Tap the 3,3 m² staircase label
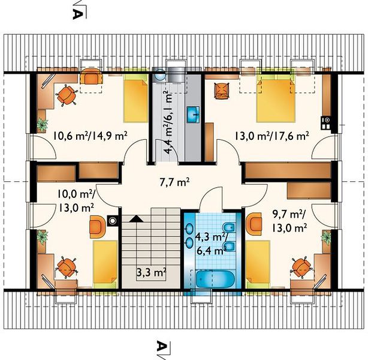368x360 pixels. [x=152, y=273]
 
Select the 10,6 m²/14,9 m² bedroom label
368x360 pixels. [x=91, y=136]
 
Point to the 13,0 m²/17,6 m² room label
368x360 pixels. [x=272, y=136]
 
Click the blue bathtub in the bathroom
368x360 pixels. [x=215, y=279]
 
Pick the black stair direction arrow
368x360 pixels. [x=137, y=219]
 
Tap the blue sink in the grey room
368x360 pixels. [x=193, y=114]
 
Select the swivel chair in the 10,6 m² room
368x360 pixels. [x=67, y=95]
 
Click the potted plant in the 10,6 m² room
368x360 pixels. [x=42, y=125]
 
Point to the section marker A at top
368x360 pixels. [x=78, y=14]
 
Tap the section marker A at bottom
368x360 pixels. [x=161, y=346]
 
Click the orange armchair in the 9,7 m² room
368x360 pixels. [x=254, y=223]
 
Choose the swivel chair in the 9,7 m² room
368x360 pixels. [x=301, y=268]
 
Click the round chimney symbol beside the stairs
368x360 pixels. [x=113, y=221]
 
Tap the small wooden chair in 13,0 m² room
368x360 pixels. [x=221, y=91]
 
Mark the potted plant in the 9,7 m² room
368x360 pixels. [x=327, y=237]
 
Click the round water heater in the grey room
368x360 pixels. [x=160, y=74]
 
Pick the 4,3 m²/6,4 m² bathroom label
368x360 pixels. [x=210, y=244]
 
